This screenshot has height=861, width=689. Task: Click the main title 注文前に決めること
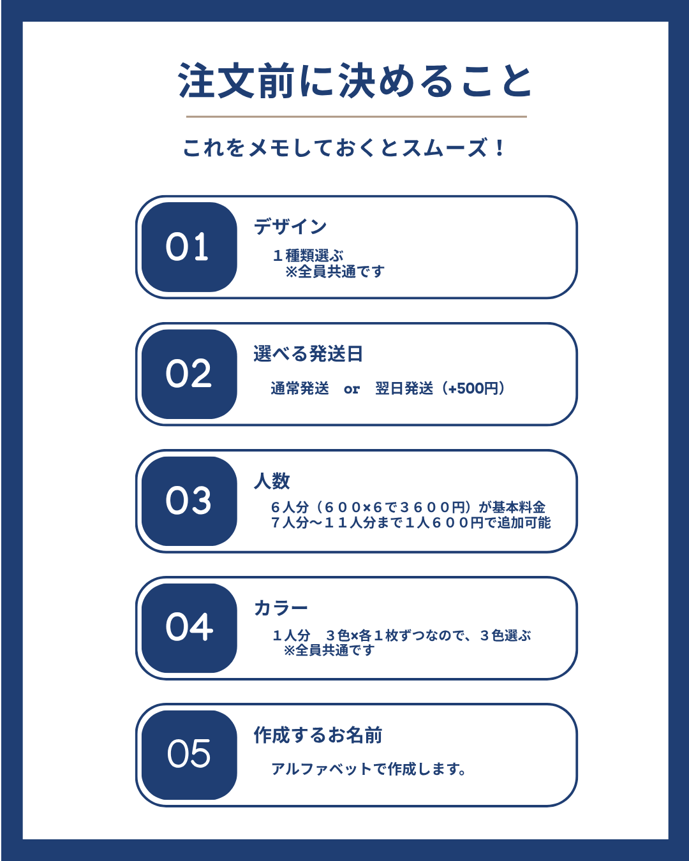pos(355,82)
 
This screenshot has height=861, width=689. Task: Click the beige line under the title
pos(356,117)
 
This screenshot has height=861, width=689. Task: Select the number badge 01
pos(189,247)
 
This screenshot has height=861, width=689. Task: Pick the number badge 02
pos(189,374)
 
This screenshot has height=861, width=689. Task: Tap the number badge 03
pos(189,501)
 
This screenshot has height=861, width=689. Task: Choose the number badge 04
pos(189,628)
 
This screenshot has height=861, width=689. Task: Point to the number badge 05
pos(189,755)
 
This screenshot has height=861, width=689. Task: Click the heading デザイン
pos(290,226)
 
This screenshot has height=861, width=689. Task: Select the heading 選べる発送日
pos(308,353)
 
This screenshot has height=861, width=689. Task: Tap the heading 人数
pos(272,480)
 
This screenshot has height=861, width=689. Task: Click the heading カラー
pos(281,608)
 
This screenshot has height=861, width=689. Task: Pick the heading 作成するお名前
pos(318,735)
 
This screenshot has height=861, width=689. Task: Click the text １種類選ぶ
pos(308,255)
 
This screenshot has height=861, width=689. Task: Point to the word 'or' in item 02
pos(352,389)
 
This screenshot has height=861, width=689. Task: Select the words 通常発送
pos(300,388)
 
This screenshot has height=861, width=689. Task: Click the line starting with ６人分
pos(408,507)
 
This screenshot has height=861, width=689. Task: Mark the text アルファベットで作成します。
pos(369,769)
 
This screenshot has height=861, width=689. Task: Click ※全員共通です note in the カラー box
pos(329,650)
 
